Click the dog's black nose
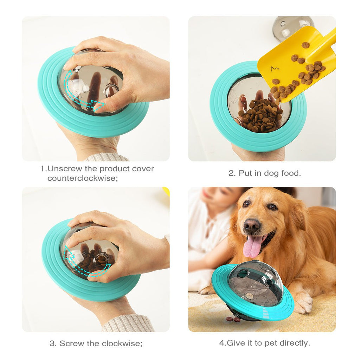(252, 225)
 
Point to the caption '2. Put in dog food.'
(265, 173)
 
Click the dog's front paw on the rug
(303, 303)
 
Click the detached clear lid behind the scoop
(292, 26)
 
